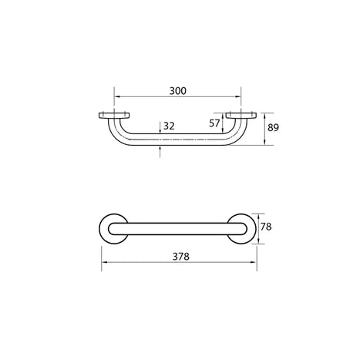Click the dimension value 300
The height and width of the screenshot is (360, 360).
(178, 91)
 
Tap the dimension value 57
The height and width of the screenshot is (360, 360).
(215, 123)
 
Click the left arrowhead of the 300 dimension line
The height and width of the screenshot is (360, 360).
(117, 98)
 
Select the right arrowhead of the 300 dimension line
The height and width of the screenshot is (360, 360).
(238, 98)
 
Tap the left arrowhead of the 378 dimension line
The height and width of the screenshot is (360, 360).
(103, 263)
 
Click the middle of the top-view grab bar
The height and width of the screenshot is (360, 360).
(177, 229)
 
